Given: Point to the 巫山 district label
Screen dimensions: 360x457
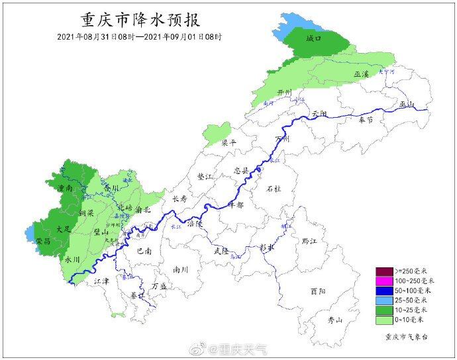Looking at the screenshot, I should point(405,104).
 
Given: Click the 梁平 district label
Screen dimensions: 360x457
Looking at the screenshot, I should point(228,142).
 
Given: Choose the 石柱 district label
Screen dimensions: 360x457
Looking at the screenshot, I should point(274,189).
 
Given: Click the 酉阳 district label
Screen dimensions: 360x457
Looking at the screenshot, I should point(317,291).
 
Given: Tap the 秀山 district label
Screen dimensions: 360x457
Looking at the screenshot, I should point(336,320).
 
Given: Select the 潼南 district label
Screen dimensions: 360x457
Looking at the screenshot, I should point(66,189).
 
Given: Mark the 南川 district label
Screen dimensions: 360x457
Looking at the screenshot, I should point(181,269).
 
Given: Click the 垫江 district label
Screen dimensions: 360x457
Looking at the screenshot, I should point(206,177).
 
